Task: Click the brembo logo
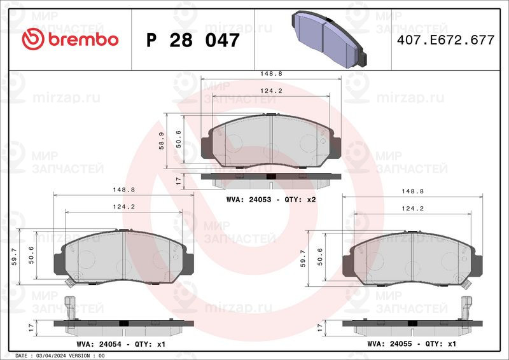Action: (70, 39)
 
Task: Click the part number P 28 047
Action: (193, 40)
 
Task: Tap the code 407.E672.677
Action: (446, 40)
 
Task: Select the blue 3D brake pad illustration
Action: (330, 39)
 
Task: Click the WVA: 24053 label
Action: (249, 199)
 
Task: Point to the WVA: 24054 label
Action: (99, 343)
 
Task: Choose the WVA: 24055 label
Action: (389, 343)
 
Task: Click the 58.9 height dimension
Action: (162, 141)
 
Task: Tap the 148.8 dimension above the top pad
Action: (271, 74)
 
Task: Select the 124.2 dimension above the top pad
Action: (271, 91)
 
